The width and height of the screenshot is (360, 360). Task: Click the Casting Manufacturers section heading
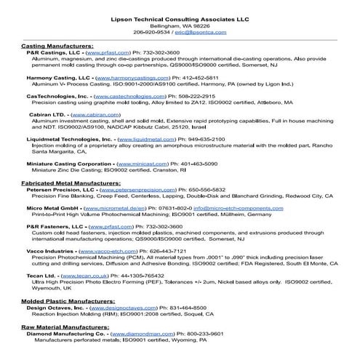pyautogui.click(x=57, y=46)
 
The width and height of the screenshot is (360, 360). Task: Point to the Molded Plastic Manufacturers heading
pyautogui.click(x=68, y=300)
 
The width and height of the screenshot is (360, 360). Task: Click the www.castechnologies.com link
pyautogui.click(x=129, y=95)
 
